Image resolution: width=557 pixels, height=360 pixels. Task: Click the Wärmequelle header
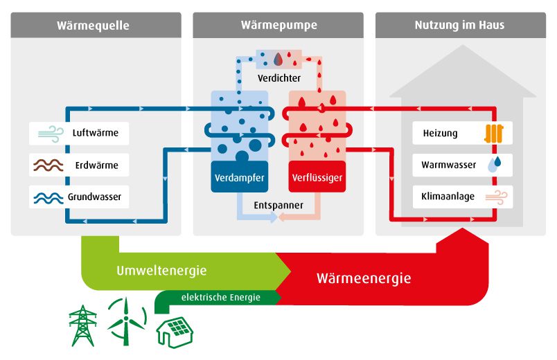pyautogui.click(x=96, y=26)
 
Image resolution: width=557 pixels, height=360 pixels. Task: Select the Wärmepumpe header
pyautogui.click(x=278, y=26)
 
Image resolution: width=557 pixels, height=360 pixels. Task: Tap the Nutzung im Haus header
pyautogui.click(x=459, y=26)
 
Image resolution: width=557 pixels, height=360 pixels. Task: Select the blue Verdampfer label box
pyautogui.click(x=238, y=178)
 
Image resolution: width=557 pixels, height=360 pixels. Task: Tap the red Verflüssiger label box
pyautogui.click(x=317, y=178)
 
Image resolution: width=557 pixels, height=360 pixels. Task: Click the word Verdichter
pyautogui.click(x=278, y=78)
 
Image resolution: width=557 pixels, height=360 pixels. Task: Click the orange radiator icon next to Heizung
pyautogui.click(x=493, y=133)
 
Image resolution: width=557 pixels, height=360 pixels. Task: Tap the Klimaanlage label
pyautogui.click(x=448, y=197)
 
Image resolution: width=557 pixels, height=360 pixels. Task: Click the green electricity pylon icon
pyautogui.click(x=82, y=325)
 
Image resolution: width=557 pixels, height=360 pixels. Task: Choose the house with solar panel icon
pyautogui.click(x=175, y=332)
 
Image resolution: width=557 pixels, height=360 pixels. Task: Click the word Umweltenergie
pyautogui.click(x=161, y=270)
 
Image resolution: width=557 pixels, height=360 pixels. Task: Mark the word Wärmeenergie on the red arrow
pyautogui.click(x=363, y=278)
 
